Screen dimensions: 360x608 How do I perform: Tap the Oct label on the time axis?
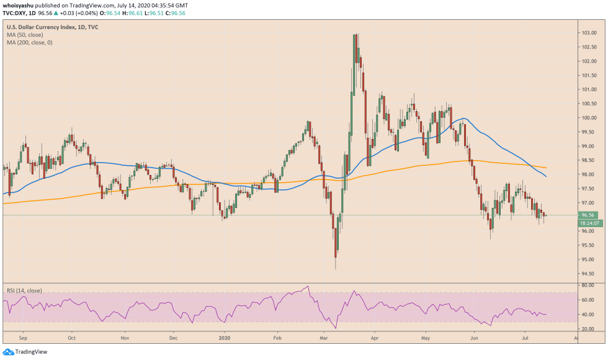pyautogui.click(x=71, y=340)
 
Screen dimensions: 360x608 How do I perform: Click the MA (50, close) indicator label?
pyautogui.click(x=26, y=35)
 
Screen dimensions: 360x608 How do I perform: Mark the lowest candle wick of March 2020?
pyautogui.click(x=335, y=268)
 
